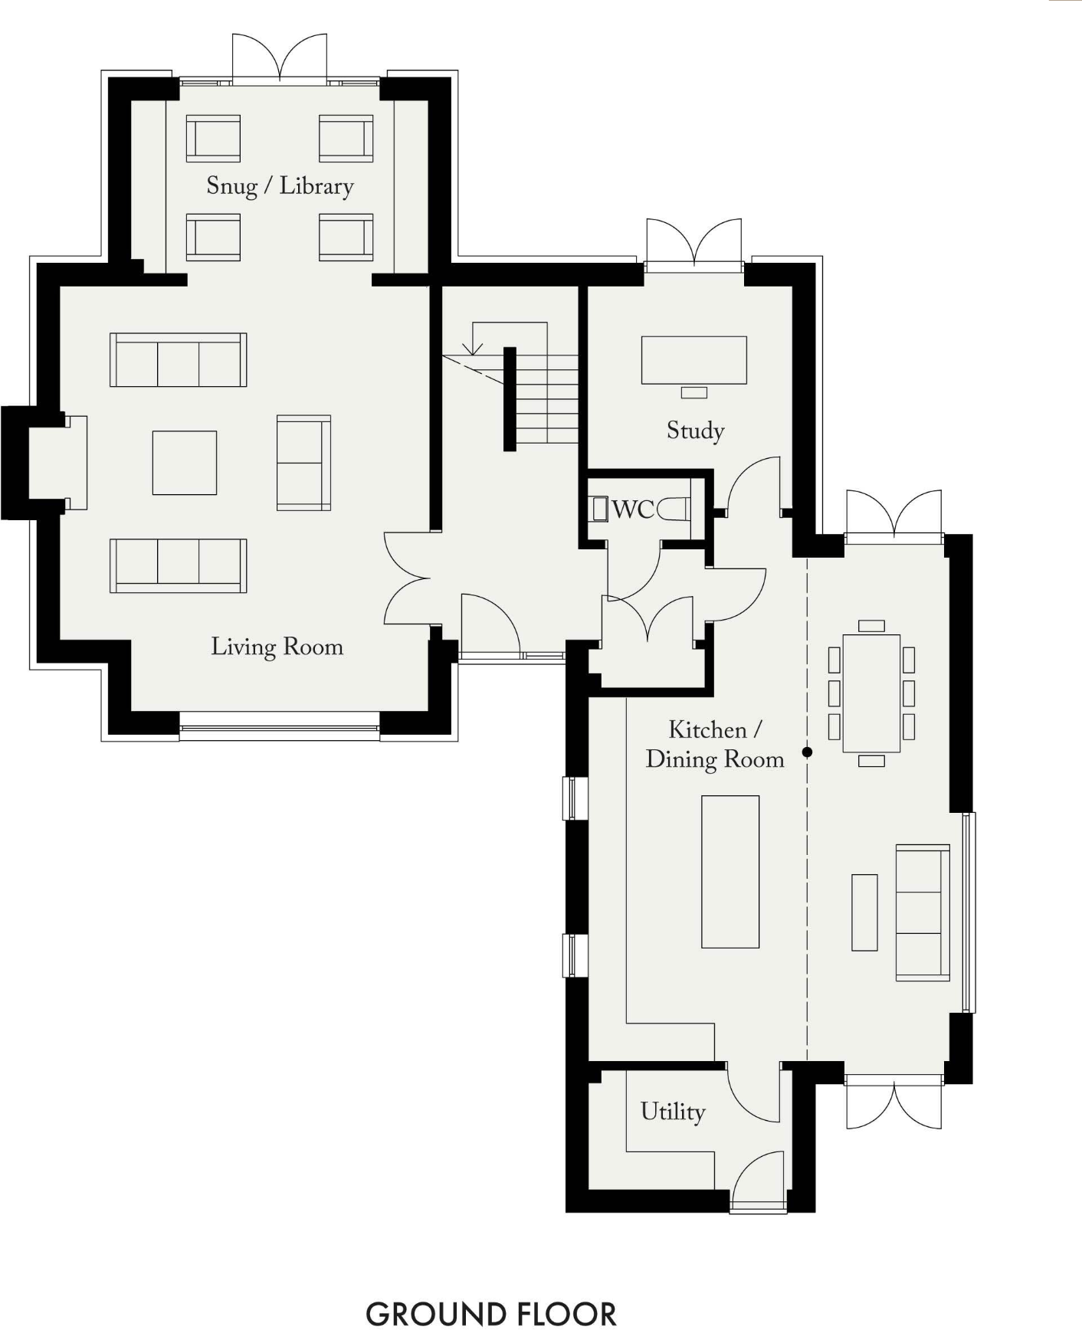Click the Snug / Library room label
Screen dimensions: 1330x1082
coord(280,186)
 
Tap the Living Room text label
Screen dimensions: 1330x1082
coord(277,647)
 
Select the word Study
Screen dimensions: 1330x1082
coord(695,431)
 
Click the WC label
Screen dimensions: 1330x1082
coord(633,509)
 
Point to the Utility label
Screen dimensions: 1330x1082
coord(672,1112)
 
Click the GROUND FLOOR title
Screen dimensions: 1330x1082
coord(490,1313)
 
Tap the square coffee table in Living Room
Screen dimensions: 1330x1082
coord(184,462)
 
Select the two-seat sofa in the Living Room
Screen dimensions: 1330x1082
coord(303,463)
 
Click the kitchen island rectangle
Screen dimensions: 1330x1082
coord(730,871)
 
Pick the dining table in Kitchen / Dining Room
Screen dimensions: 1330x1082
coord(871,693)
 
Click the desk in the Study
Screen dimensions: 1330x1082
coord(693,359)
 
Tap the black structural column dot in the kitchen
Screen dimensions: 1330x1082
coord(807,752)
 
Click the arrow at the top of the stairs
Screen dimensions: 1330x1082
coord(474,349)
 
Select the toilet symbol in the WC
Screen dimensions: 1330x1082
coord(674,509)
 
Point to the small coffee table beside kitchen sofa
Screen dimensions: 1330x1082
coord(864,912)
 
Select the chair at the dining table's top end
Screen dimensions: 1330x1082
coord(871,626)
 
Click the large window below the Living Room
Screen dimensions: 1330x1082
coord(279,726)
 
